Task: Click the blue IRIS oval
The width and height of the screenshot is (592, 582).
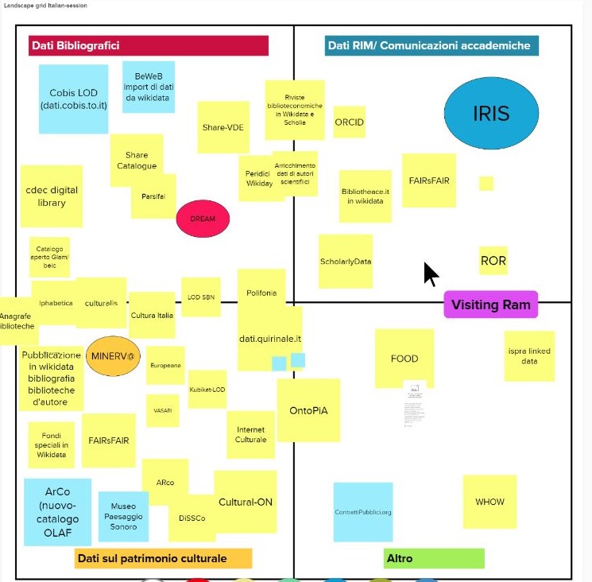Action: [x=490, y=113]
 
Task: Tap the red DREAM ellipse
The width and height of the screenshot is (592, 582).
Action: [x=202, y=219]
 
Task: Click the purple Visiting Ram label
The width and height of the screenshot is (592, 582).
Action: [x=490, y=305]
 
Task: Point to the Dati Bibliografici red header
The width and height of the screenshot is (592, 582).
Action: [x=148, y=46]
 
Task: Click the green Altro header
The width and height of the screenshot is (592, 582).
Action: [x=433, y=558]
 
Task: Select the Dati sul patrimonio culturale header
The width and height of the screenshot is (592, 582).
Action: [x=163, y=558]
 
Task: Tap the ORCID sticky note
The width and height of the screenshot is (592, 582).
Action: [x=349, y=123]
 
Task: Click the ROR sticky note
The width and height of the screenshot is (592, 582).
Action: [x=493, y=261]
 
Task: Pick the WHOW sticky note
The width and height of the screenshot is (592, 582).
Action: [x=489, y=502]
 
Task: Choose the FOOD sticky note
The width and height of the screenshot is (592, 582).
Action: [x=404, y=359]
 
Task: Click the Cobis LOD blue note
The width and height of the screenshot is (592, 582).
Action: [x=73, y=99]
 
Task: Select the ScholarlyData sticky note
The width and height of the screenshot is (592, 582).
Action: [x=346, y=262]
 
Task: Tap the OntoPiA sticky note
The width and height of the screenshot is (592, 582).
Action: [x=308, y=410]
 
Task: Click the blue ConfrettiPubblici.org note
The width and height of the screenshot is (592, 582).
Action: [x=362, y=511]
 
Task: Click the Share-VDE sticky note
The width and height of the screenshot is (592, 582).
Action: [x=222, y=127]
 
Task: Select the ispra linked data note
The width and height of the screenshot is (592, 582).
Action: [x=529, y=355]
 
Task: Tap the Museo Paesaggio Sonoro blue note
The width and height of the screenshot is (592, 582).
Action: [x=123, y=516]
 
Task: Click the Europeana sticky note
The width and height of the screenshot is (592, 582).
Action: [x=165, y=365]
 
